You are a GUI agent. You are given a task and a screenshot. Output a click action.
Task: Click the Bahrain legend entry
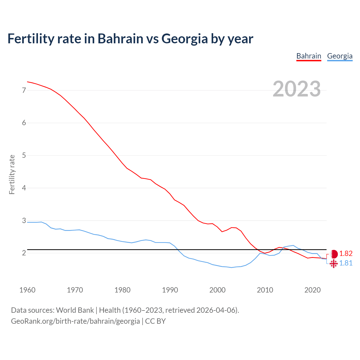309,56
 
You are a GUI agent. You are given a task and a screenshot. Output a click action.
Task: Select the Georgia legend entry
339,56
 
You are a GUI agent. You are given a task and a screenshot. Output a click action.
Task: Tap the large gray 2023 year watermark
296,89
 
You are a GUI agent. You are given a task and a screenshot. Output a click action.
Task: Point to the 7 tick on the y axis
24,90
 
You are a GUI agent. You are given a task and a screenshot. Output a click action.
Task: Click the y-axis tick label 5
24,155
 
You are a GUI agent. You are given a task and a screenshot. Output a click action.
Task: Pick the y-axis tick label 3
24,220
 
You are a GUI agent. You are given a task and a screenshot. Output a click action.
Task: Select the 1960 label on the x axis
27,290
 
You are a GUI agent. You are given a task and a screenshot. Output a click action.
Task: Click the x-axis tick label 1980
122,290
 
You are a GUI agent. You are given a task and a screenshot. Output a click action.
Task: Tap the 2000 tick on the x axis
217,290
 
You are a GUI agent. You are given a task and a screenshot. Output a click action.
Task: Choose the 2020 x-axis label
312,290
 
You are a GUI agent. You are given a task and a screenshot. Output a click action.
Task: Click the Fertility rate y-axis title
12,174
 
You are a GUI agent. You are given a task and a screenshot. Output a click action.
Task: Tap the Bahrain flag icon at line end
334,254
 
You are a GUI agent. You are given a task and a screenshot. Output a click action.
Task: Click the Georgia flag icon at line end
334,264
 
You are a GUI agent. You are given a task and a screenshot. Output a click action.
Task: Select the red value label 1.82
346,254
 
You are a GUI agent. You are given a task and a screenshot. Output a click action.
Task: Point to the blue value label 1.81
346,263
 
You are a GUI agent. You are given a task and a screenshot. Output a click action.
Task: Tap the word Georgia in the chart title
184,39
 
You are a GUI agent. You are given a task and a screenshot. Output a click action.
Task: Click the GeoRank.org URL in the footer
75,321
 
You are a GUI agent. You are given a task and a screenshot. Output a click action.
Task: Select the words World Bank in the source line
75,310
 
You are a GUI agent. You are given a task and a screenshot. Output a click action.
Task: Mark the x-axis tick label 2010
265,290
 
